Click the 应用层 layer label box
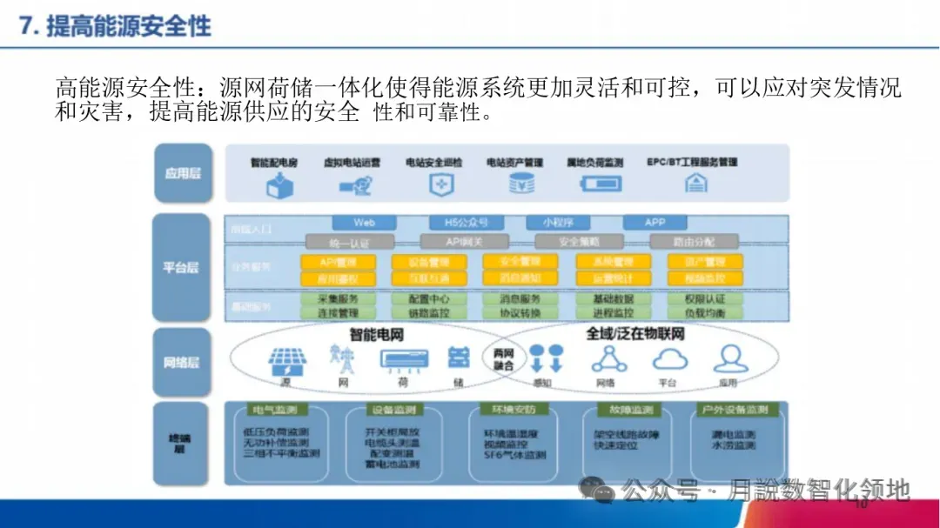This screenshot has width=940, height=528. (182, 173)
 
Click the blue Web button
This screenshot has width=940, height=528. (364, 223)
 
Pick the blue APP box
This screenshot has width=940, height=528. (655, 223)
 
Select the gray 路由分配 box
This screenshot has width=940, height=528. (694, 241)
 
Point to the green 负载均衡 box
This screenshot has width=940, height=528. (705, 312)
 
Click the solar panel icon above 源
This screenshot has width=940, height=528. (285, 359)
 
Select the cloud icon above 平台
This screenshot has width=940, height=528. (670, 358)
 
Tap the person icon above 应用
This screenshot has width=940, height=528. (729, 358)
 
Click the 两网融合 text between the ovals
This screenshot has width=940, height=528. (503, 359)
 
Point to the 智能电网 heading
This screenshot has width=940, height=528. (376, 335)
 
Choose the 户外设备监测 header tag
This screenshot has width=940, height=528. (734, 410)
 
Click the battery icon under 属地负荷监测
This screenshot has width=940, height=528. (601, 184)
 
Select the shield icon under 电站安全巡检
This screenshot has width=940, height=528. (440, 184)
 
